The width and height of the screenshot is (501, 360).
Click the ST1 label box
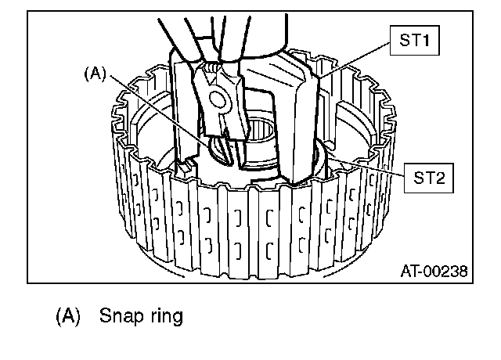click(x=414, y=40)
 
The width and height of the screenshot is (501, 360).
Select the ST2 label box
click(x=428, y=178)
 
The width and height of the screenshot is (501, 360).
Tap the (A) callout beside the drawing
click(x=95, y=74)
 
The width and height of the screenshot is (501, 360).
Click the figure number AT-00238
click(x=434, y=272)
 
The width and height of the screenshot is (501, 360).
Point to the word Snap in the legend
click(x=121, y=316)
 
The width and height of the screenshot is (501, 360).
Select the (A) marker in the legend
click(x=68, y=316)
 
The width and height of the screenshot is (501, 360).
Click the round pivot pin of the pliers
click(x=217, y=99)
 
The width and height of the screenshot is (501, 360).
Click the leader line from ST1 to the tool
click(x=355, y=59)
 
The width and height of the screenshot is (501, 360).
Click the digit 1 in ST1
click(x=425, y=40)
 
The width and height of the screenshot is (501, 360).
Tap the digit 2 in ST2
click(x=440, y=178)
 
